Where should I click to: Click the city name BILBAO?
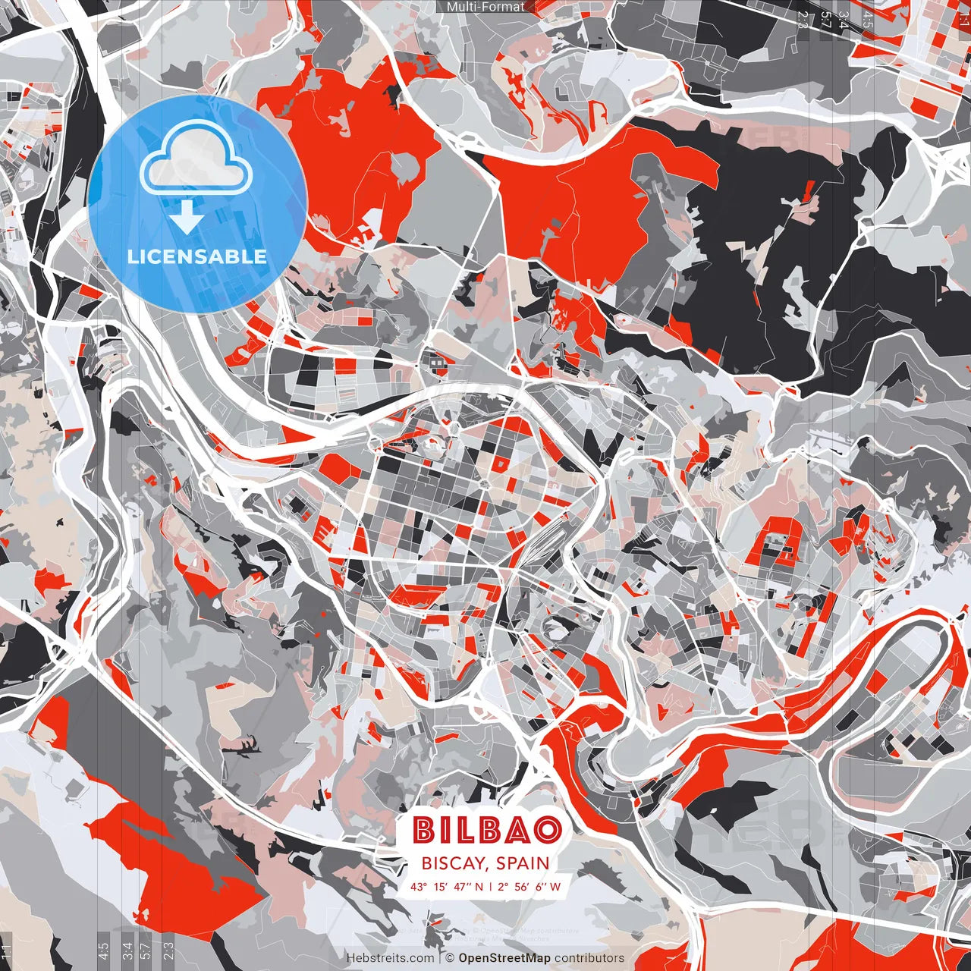pyautogui.click(x=487, y=830)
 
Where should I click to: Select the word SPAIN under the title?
pyautogui.click(x=523, y=863)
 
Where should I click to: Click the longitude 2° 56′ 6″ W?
pyautogui.click(x=529, y=886)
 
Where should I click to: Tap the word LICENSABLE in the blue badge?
pyautogui.click(x=197, y=256)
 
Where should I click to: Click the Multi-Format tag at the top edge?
pyautogui.click(x=485, y=7)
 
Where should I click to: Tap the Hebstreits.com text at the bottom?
pyautogui.click(x=390, y=958)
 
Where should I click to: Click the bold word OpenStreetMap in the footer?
pyautogui.click(x=504, y=958)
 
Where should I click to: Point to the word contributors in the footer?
pyautogui.click(x=589, y=958)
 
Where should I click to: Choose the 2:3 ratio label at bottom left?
pyautogui.click(x=168, y=949)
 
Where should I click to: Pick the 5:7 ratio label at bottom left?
pyautogui.click(x=145, y=949)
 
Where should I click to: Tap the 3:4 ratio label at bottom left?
pyautogui.click(x=127, y=949)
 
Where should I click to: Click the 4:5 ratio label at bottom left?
pyautogui.click(x=102, y=949)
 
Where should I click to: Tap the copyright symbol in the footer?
pyautogui.click(x=450, y=958)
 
